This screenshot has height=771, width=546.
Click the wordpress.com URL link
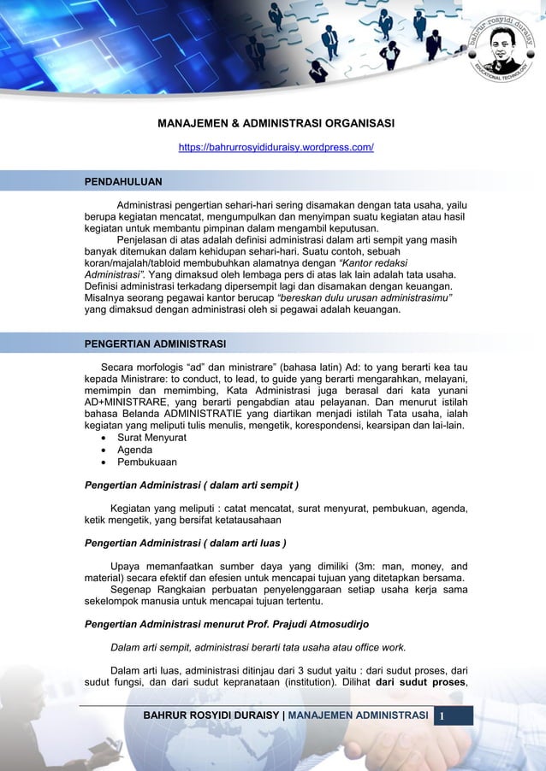coord(276,148)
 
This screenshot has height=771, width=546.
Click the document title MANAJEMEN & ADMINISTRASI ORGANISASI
coord(276,124)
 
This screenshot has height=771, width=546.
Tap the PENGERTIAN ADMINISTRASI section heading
coord(154,344)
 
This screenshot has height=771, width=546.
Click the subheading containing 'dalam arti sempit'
coord(190,487)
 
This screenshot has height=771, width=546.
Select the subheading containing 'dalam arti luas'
coord(184,543)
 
